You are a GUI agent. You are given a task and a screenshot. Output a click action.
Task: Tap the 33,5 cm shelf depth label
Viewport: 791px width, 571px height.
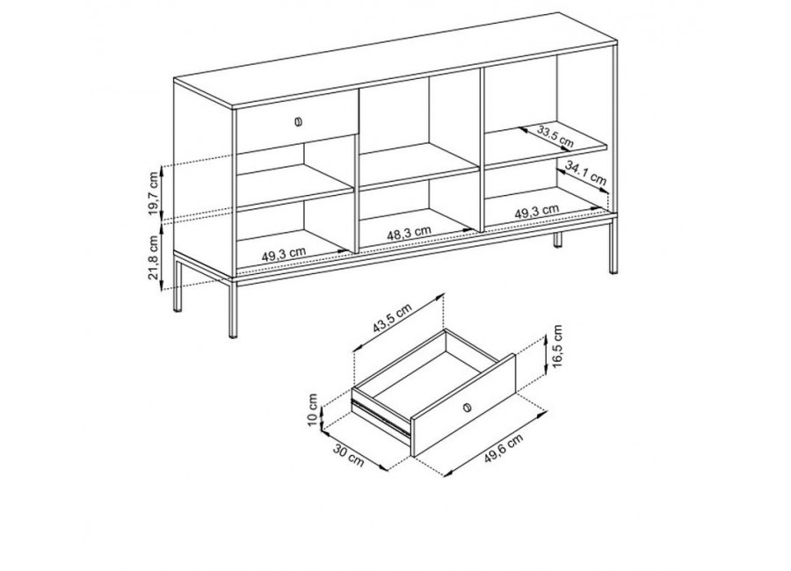click(x=555, y=137)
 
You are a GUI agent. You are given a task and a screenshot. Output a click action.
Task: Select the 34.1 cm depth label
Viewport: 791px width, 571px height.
click(x=585, y=172)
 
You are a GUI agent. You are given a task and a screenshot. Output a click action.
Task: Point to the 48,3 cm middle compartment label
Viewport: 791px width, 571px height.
click(x=409, y=233)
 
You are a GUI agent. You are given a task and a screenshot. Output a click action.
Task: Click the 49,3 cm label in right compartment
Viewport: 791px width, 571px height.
click(x=537, y=211)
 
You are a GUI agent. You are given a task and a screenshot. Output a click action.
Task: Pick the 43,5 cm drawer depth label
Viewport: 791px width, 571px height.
click(x=393, y=318)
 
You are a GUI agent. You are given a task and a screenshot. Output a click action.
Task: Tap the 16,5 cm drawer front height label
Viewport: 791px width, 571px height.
click(x=557, y=346)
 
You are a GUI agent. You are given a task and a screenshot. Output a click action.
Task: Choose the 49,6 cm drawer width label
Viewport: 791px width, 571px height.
click(x=504, y=448)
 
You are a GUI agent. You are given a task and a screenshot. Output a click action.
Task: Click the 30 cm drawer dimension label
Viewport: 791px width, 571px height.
click(x=348, y=455)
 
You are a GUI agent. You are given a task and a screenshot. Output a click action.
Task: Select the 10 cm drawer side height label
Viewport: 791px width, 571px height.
click(x=313, y=410)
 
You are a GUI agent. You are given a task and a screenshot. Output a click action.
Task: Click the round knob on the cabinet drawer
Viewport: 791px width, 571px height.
click(x=298, y=121)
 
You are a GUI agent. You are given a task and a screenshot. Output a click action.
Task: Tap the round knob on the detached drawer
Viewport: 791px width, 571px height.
click(x=467, y=407)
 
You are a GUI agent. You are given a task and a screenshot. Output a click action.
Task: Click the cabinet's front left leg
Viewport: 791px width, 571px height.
click(x=233, y=307)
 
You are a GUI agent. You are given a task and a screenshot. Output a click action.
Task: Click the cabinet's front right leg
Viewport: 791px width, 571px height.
click(x=613, y=244)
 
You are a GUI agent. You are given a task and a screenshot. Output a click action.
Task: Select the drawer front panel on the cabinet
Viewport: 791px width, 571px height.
click(x=298, y=123)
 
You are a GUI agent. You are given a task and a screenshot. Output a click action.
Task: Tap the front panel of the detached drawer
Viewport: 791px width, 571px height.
click(x=463, y=406)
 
